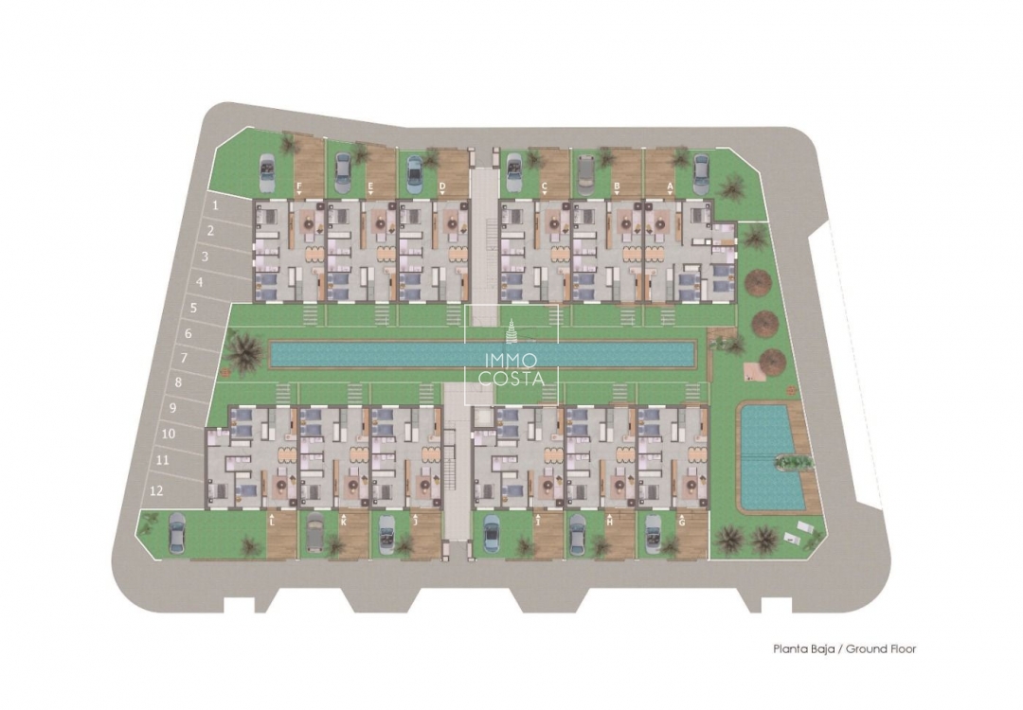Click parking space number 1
tap(215, 204)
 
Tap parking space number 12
tap(156, 490)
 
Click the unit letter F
tap(299, 186)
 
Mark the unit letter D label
tap(443, 186)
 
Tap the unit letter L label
tap(272, 521)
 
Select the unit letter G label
tap(682, 521)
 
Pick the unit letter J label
tap(417, 521)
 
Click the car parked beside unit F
tap(267, 171)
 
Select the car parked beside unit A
tap(701, 171)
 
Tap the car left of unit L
tap(177, 533)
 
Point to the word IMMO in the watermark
tap(511, 360)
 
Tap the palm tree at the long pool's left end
tap(245, 351)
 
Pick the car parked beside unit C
tap(514, 170)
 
